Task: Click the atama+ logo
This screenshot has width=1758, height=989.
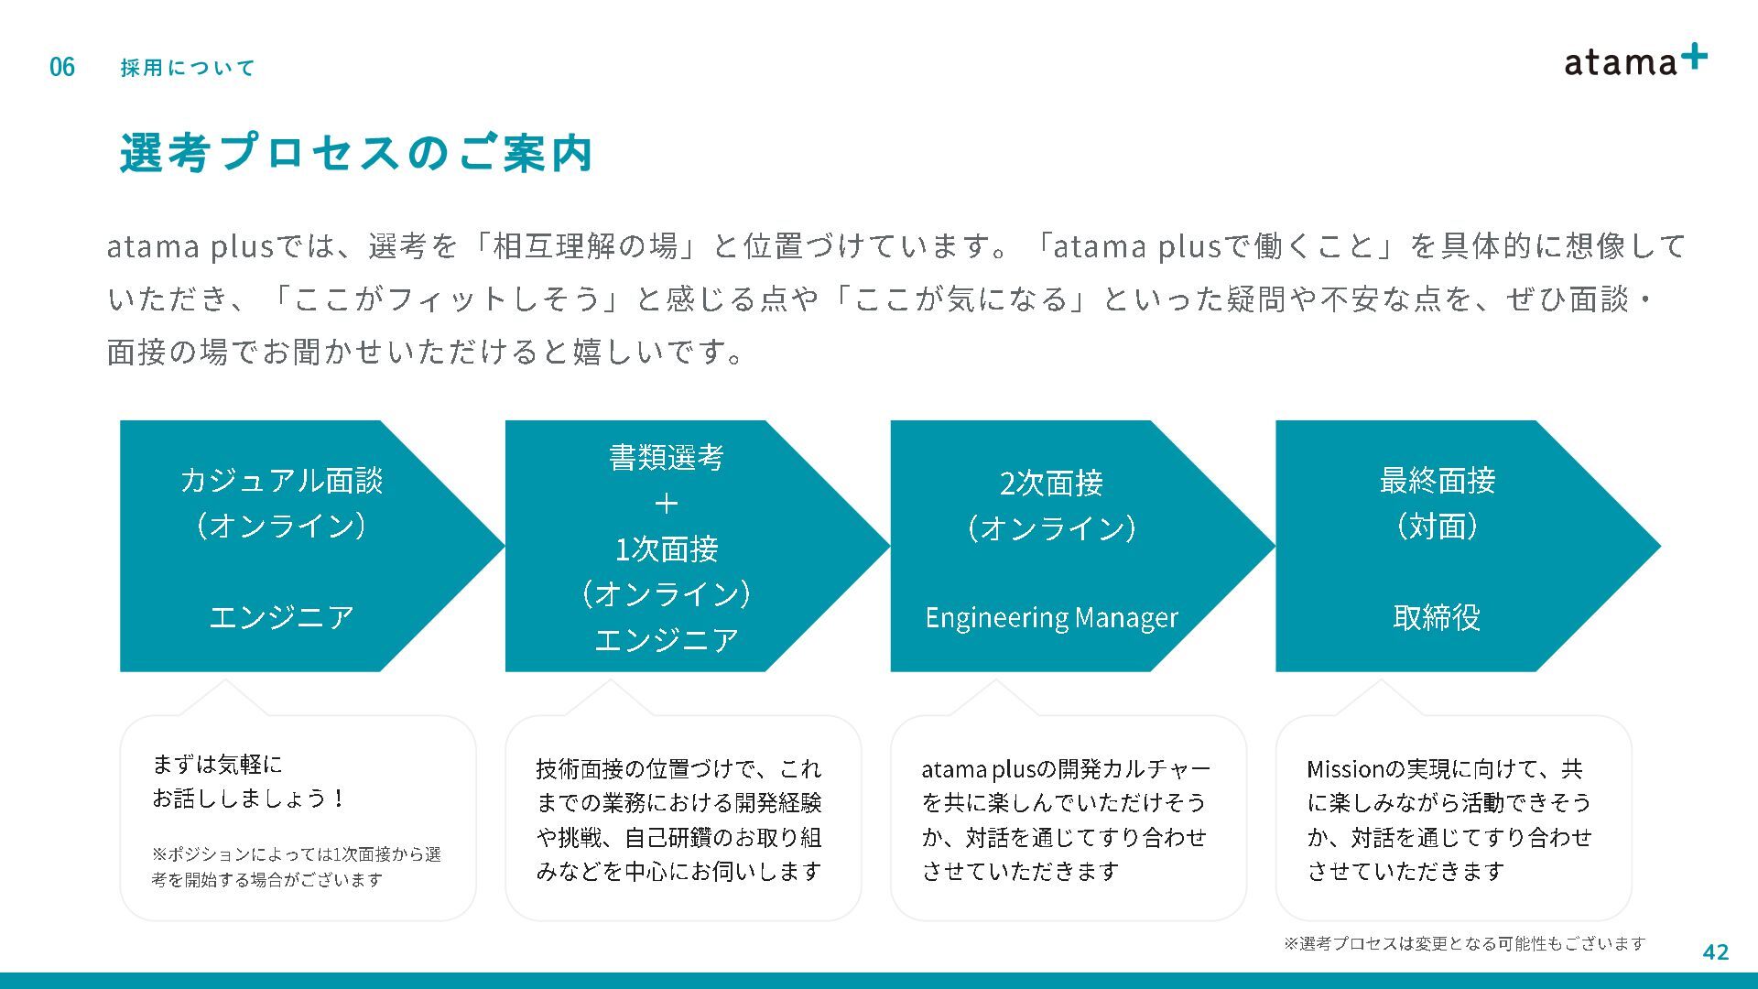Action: click(1634, 60)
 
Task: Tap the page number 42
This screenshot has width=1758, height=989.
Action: click(1715, 952)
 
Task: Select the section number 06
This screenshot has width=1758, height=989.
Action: click(62, 67)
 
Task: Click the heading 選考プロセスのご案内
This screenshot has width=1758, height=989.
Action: click(356, 153)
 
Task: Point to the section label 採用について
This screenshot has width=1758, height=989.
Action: click(188, 68)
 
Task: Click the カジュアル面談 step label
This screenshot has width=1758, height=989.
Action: click(281, 481)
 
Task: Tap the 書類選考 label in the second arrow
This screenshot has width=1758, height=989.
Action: click(666, 457)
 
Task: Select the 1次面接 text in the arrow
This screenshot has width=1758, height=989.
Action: click(666, 549)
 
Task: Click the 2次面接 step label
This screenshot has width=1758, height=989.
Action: click(1051, 483)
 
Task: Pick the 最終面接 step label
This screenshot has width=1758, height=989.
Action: click(1437, 481)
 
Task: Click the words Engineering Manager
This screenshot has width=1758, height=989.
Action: click(1051, 618)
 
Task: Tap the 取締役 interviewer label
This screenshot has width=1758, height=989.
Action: click(1437, 618)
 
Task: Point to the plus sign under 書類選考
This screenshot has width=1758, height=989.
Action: click(666, 503)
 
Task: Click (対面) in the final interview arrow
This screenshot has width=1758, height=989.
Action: click(1437, 527)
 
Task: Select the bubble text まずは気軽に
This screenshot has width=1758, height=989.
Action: click(217, 765)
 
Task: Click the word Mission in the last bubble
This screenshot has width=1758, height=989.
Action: click(1342, 769)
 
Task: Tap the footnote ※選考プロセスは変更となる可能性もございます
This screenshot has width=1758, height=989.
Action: click(1464, 943)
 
